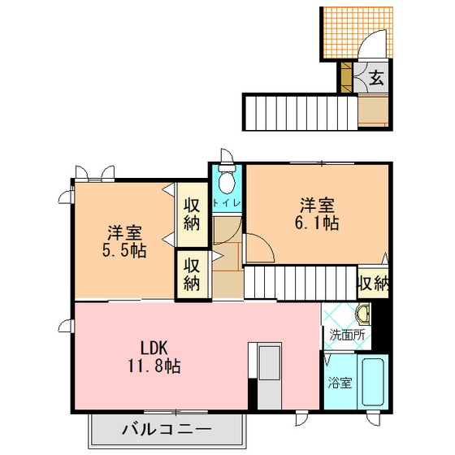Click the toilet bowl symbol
tap(227, 179)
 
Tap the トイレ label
tap(227, 203)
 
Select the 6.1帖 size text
tap(317, 223)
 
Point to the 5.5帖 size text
tap(124, 251)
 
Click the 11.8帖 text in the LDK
tap(154, 366)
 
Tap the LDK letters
tap(154, 348)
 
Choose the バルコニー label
tap(166, 429)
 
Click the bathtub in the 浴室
tap(373, 382)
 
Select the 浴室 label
tap(340, 383)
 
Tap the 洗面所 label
tap(347, 336)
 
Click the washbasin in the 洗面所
tap(363, 314)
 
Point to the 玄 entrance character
tap(376, 78)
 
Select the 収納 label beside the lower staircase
tap(373, 283)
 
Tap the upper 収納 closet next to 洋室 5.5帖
tap(192, 214)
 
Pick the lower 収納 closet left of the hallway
tap(192, 275)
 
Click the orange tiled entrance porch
tap(357, 32)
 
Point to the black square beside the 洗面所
tap(380, 327)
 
